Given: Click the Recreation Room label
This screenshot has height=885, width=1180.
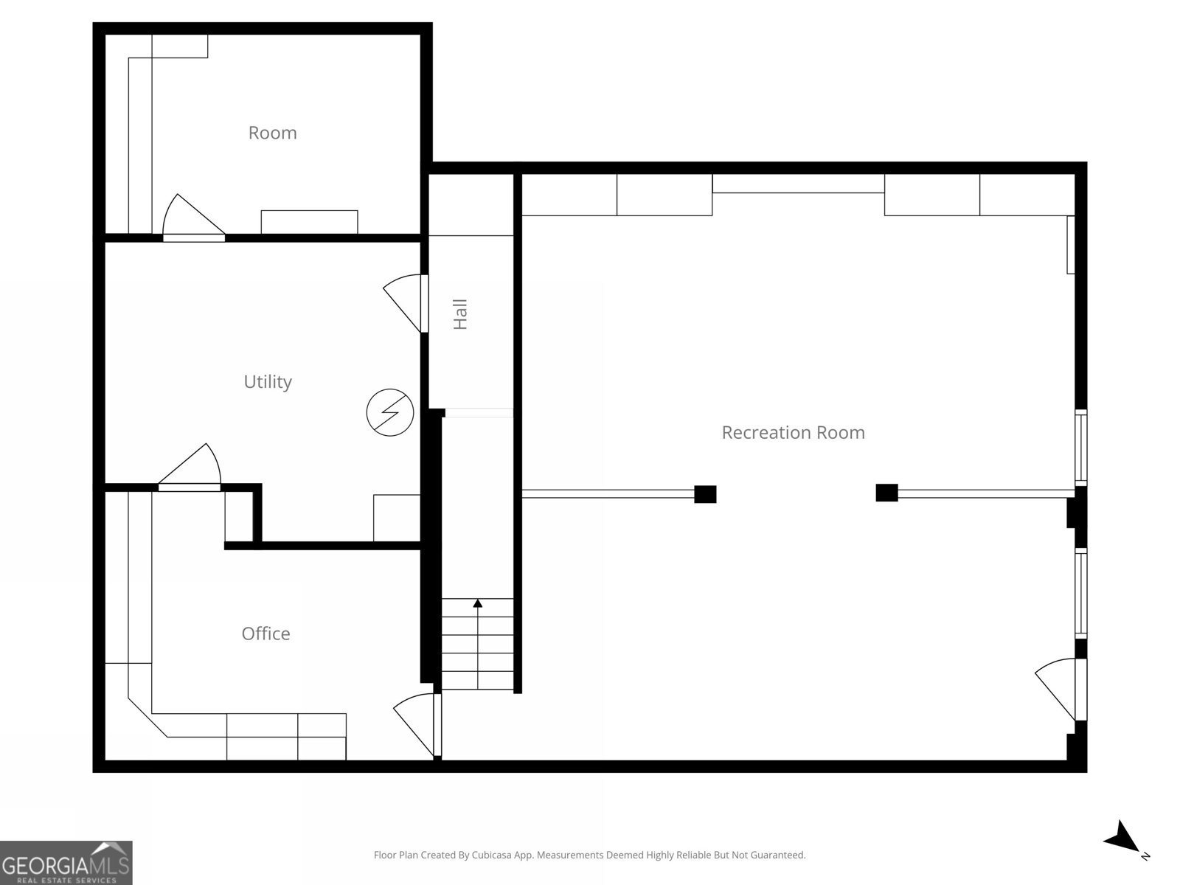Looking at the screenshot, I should coord(793,432).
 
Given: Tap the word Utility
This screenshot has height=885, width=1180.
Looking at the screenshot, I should coord(268,381).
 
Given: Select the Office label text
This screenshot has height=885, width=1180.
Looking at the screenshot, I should coord(265,634).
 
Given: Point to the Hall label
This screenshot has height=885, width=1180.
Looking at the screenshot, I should coord(461,314).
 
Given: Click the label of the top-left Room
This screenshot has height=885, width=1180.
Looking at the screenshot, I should coord(272,133).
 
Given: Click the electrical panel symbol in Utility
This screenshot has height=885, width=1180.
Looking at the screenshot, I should coord(389,412).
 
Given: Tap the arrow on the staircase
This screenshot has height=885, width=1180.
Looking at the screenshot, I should coord(478,603).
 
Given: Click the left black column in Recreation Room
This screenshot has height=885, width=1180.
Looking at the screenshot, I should coord(705,494).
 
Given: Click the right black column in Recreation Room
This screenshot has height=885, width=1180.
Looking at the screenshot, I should coord(886,493).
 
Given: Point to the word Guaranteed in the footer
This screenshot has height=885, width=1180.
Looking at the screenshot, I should coord(777,855).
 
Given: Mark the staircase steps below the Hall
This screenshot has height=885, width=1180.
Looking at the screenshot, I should coord(478,645).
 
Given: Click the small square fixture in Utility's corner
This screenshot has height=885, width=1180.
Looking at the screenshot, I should coord(396,518).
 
